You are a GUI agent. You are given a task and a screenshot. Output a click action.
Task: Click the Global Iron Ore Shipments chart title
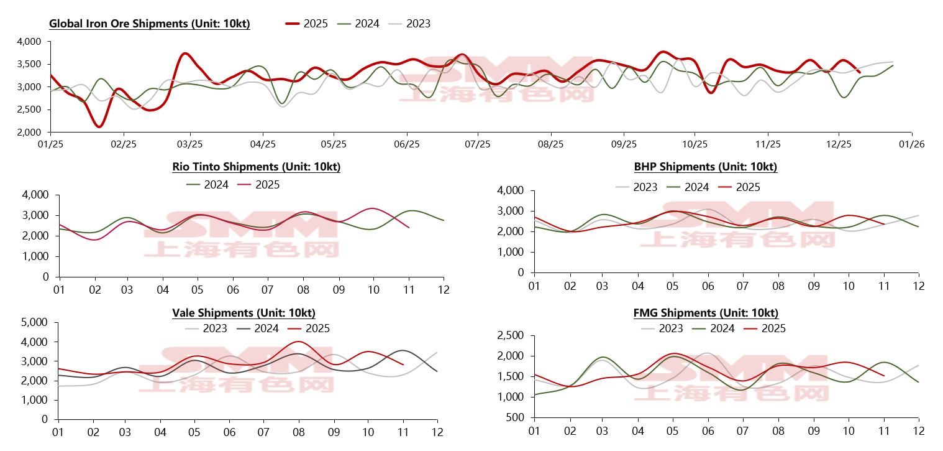click(x=150, y=24)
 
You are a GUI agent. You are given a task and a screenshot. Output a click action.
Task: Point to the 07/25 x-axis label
click(x=477, y=144)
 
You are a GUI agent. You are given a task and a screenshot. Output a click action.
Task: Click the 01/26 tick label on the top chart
click(x=911, y=144)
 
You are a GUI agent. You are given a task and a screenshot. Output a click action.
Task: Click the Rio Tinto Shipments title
click(x=256, y=167)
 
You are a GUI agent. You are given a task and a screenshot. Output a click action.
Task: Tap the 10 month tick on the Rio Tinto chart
click(x=373, y=289)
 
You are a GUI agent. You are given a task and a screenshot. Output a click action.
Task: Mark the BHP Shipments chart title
click(x=705, y=167)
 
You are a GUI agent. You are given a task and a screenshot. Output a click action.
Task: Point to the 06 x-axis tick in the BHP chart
click(x=708, y=286)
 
